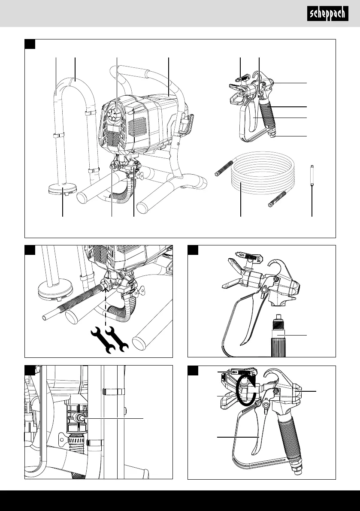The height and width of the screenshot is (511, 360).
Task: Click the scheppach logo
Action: pos(327,14)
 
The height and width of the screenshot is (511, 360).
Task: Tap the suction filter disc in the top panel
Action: pos(62,189)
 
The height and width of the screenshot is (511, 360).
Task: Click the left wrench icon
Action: pos(102,339)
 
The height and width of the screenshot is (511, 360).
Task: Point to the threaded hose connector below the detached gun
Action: pos(278,335)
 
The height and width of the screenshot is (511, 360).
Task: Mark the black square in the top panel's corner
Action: pos(30,44)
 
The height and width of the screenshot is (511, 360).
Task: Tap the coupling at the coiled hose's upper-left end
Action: pos(223,166)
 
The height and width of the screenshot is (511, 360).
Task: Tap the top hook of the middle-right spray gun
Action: pos(281,270)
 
